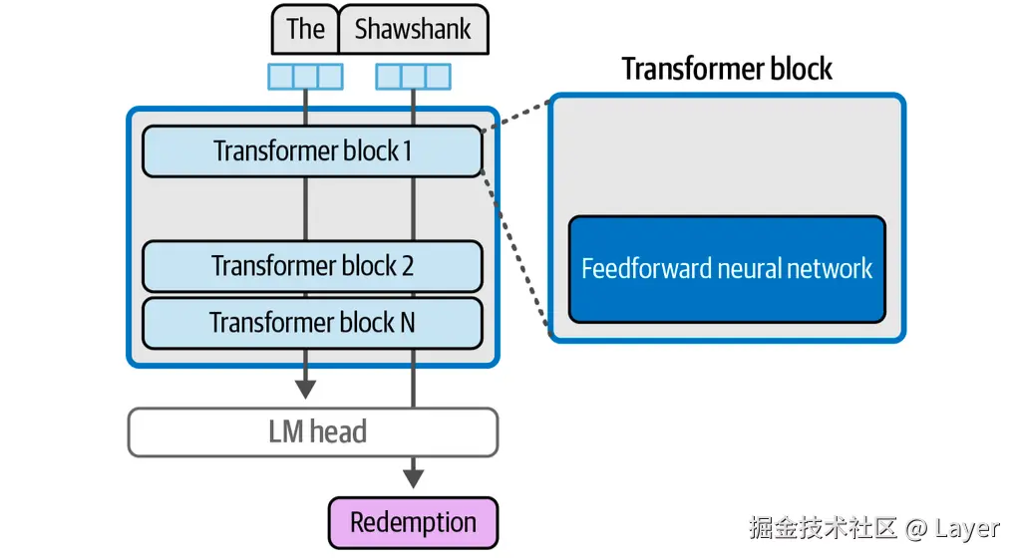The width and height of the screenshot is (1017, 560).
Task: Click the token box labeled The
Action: (x=305, y=30)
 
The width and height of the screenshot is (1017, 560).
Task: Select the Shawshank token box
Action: (x=414, y=30)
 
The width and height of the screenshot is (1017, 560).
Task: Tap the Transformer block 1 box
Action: (x=312, y=151)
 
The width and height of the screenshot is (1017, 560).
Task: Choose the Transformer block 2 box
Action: (x=312, y=266)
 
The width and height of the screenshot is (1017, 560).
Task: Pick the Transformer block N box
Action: (x=312, y=323)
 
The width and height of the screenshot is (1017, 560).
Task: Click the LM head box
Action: (x=312, y=431)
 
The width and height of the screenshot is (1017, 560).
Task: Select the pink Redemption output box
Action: (x=413, y=523)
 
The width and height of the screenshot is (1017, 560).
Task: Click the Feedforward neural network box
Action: (x=727, y=269)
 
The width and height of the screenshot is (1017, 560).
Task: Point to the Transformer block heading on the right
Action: (x=727, y=69)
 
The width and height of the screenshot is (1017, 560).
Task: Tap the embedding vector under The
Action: (x=305, y=77)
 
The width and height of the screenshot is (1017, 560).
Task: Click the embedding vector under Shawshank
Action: (x=413, y=77)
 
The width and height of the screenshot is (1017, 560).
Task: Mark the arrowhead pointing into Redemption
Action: (x=413, y=478)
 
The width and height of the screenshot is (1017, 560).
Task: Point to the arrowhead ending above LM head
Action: (x=305, y=388)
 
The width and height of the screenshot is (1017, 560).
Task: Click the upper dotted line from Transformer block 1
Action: (x=515, y=114)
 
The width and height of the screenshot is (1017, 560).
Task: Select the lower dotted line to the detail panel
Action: (x=515, y=250)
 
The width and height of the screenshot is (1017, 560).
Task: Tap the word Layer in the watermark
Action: (x=966, y=528)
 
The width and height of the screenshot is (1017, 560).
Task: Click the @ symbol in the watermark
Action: (x=915, y=528)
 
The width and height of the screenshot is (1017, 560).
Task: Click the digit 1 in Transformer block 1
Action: (x=406, y=151)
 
